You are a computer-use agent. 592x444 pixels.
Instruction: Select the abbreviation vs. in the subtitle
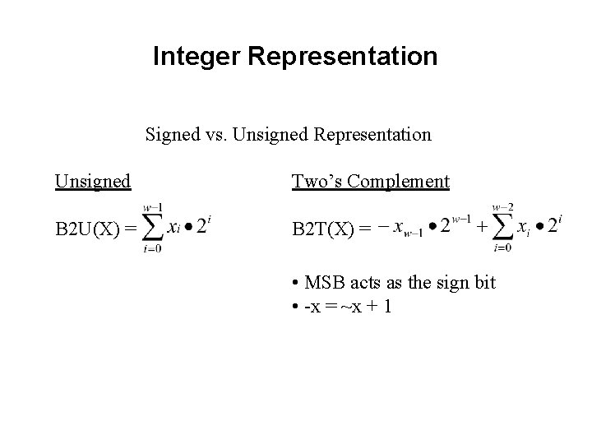213,134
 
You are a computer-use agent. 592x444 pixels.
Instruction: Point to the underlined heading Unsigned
93,181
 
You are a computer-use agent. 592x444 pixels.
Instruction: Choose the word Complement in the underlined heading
399,181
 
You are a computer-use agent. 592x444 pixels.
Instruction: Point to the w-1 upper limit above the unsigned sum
152,206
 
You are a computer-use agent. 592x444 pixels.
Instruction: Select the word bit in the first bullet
483,283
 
